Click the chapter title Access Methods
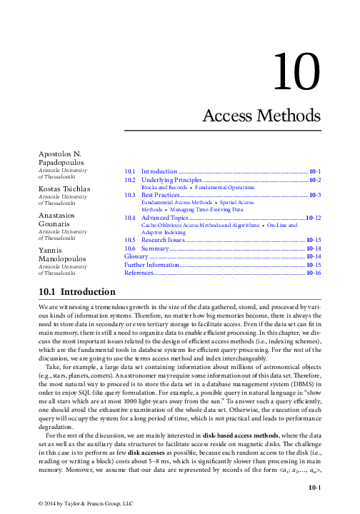click(x=261, y=115)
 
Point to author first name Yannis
click(x=51, y=251)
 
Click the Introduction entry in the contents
click(x=159, y=172)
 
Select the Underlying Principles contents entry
click(x=171, y=181)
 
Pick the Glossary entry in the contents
click(x=136, y=256)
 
